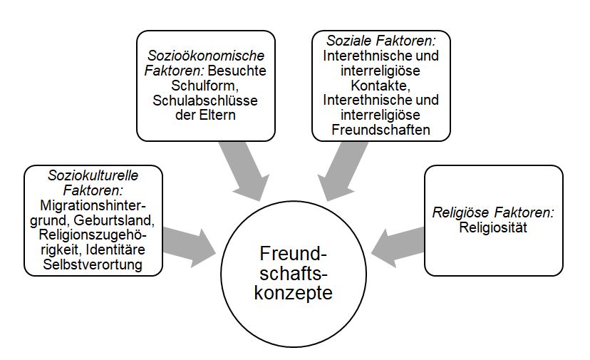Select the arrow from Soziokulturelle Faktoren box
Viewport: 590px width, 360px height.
pyautogui.click(x=189, y=241)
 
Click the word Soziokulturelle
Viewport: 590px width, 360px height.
pyautogui.click(x=92, y=175)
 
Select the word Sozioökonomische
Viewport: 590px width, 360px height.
pyautogui.click(x=205, y=55)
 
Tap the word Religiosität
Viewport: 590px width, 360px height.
pyautogui.click(x=493, y=227)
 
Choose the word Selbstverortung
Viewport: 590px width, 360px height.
pyautogui.click(x=93, y=265)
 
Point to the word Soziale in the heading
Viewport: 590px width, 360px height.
pyautogui.click(x=348, y=40)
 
